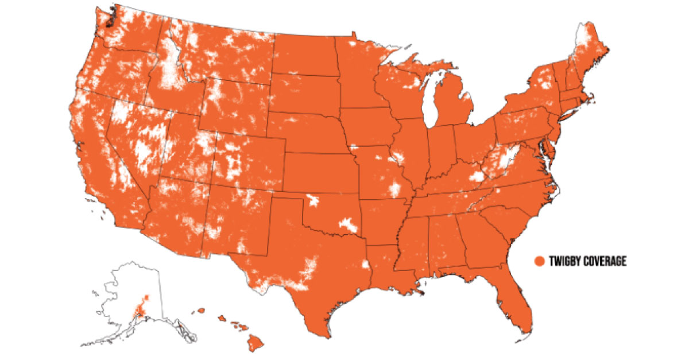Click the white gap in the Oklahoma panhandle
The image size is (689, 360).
312,200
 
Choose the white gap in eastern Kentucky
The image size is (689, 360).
476,176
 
